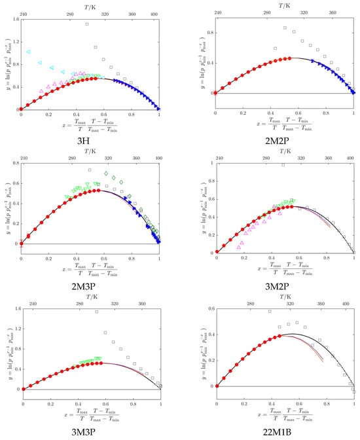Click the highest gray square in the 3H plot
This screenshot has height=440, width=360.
(x=87, y=24)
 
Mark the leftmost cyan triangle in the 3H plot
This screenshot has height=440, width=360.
(x=27, y=52)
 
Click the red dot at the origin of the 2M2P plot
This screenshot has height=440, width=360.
(x=215, y=92)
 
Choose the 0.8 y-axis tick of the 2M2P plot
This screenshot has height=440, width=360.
(x=207, y=33)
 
